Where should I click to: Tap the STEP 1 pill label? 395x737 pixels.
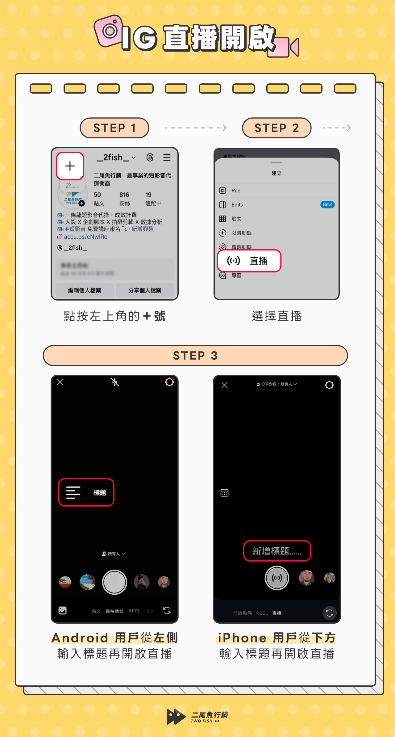click(114, 128)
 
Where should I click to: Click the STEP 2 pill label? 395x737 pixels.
click(276, 128)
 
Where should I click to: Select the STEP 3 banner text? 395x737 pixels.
click(195, 356)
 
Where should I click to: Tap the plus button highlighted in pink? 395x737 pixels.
click(70, 166)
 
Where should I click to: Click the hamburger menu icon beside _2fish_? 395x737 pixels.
click(167, 158)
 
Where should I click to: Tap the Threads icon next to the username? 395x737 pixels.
click(150, 158)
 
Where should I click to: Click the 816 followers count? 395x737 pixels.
click(124, 195)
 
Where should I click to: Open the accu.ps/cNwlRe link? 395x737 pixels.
click(85, 237)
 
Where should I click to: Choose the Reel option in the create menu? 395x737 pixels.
click(236, 191)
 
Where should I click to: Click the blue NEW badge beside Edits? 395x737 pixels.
click(327, 205)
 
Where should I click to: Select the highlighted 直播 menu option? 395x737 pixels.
click(249, 261)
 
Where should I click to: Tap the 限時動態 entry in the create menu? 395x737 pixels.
click(241, 233)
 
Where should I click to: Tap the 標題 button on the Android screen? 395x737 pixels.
click(86, 492)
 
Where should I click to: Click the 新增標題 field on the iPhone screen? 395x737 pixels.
click(277, 551)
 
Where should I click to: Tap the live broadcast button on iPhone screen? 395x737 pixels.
click(277, 578)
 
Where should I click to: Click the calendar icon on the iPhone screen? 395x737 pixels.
click(224, 493)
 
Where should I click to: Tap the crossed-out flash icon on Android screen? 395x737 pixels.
click(115, 382)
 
